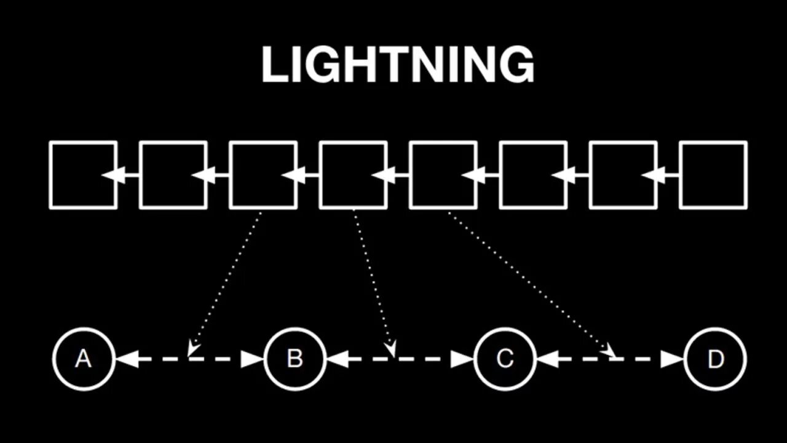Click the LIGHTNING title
tap(398, 65)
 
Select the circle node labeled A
tap(84, 359)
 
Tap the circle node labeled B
tap(295, 359)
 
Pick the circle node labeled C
tap(505, 359)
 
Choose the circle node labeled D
tap(715, 359)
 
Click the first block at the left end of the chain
tap(83, 175)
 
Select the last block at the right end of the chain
tap(713, 175)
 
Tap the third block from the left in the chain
tap(263, 175)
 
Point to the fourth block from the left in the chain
tap(353, 175)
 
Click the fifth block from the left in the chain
tap(443, 175)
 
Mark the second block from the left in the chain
tap(173, 175)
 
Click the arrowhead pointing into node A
tap(126, 359)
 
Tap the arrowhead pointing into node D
tap(673, 359)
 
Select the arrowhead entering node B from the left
tap(253, 359)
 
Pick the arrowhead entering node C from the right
tap(547, 359)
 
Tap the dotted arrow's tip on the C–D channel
tap(610, 353)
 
